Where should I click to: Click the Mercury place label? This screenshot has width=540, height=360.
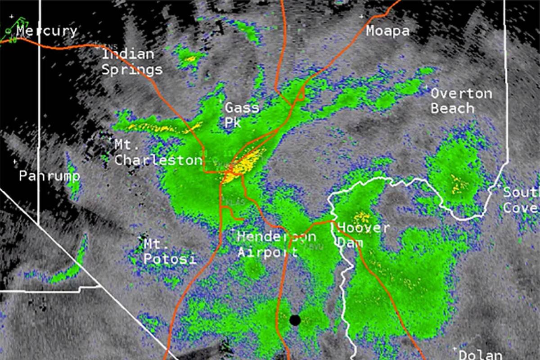[x=46, y=31]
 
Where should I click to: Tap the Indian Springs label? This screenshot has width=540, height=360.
[x=131, y=62]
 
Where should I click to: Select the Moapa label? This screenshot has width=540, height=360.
[x=387, y=31]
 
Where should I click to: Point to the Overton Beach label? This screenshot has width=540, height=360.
[x=460, y=101]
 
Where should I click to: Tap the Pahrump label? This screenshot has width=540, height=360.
[x=49, y=176]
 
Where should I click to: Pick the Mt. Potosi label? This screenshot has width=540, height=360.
[x=170, y=252]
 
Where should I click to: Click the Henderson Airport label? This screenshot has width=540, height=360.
[x=276, y=244]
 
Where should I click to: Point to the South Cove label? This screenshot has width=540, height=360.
[x=521, y=200]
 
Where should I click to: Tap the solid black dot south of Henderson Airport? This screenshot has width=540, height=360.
[x=295, y=320]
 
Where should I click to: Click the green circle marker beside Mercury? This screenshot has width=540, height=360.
[x=9, y=31]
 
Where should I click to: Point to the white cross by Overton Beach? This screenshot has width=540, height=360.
[x=426, y=86]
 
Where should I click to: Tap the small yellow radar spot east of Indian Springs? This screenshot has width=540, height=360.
[x=190, y=59]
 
